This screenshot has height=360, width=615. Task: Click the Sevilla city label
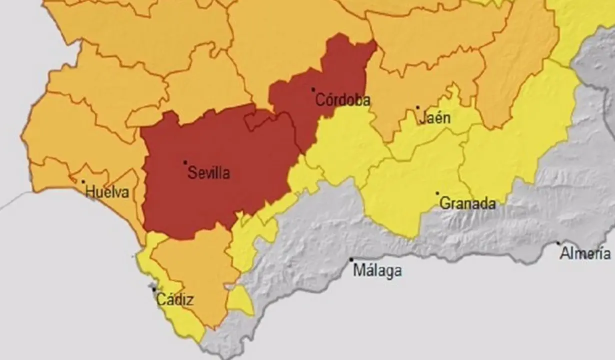tap(208, 173)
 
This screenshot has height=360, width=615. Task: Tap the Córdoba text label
tap(343, 100)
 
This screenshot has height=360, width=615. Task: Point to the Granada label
tap(467, 204)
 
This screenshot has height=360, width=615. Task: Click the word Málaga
tap(377, 271)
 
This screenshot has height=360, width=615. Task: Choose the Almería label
tap(585, 254)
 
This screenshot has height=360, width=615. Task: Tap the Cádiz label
tap(175, 300)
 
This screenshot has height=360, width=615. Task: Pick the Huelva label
tap(107, 192)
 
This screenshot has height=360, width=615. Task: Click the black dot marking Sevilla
tap(185, 162)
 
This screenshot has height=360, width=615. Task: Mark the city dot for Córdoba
tap(313, 90)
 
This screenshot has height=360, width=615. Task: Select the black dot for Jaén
tap(418, 107)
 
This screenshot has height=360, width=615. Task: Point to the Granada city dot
tap(437, 193)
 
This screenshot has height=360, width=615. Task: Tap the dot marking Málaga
tap(351, 259)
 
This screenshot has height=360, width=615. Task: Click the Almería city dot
tap(558, 243)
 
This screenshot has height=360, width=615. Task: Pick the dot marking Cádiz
tap(154, 289)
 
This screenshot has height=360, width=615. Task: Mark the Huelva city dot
tap(83, 181)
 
